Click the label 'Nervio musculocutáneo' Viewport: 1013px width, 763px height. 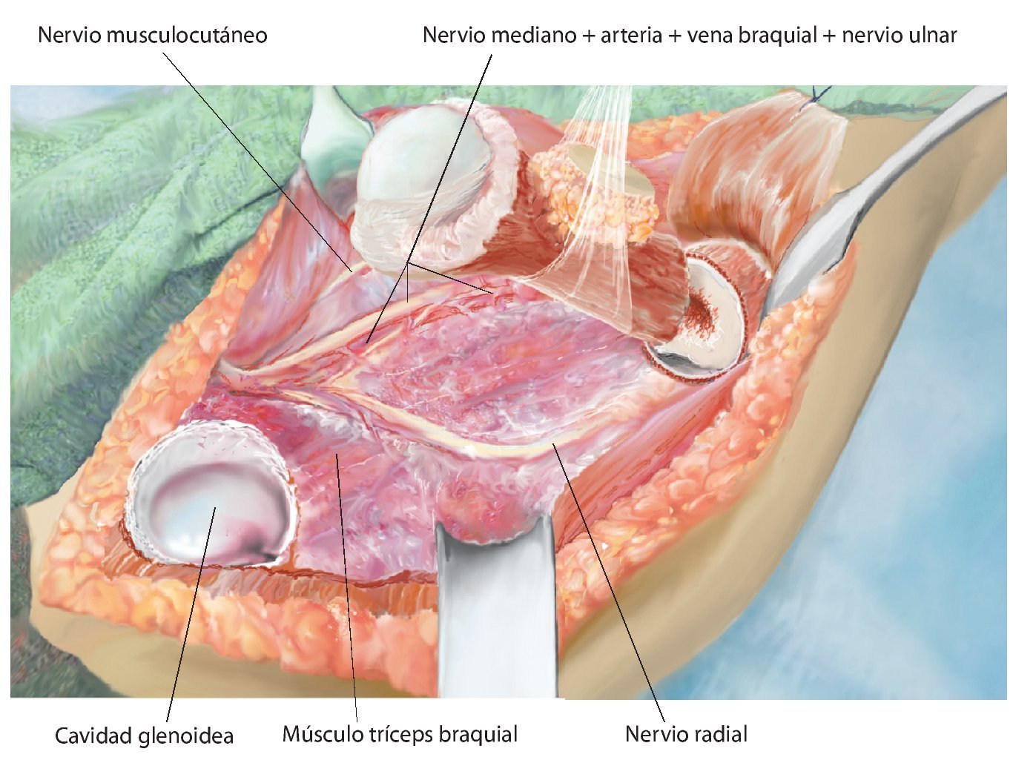click(152, 35)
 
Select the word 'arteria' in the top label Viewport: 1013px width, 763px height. click(631, 35)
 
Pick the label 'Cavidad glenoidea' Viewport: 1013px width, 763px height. click(145, 736)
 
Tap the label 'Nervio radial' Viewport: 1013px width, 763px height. click(686, 734)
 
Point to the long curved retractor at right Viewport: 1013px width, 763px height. click(875, 193)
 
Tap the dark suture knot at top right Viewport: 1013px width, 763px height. click(819, 93)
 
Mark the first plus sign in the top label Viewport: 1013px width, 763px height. click(589, 36)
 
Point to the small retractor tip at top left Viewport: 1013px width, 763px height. click(330, 133)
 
